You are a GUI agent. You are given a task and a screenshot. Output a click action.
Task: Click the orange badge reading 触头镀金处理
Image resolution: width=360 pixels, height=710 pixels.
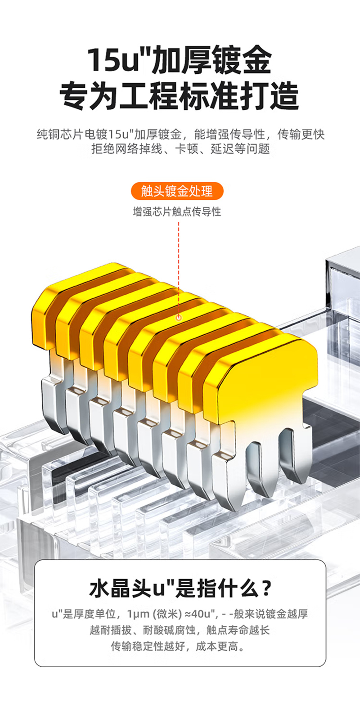pos(177,191)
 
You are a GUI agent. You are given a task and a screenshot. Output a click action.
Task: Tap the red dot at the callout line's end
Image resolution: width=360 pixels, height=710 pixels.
pos(179,317)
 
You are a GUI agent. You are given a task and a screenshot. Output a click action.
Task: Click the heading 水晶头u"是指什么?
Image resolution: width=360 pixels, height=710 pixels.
pos(180,589)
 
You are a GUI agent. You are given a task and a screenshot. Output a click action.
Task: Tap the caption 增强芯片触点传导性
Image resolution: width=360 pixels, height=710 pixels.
pos(177,212)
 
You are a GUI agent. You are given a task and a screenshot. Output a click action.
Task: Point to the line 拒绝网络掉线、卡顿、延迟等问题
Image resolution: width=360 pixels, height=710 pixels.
pos(180,148)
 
